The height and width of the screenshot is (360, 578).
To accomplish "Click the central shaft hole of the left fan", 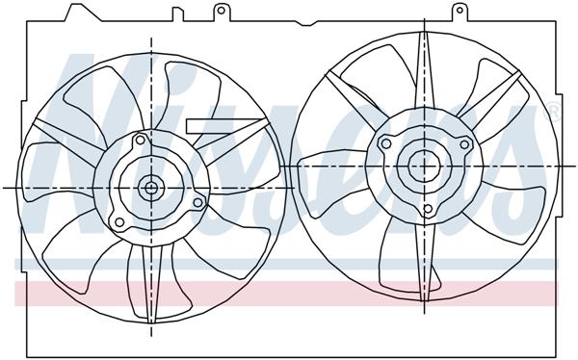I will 152,187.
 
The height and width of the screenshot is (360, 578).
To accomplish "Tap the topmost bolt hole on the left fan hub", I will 141,141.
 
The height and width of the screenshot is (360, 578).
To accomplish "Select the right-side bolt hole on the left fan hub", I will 197,202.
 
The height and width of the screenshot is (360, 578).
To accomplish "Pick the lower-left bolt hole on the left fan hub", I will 119,222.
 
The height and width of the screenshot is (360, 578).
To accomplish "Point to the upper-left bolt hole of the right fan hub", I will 386,144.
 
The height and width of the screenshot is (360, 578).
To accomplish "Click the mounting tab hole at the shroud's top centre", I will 221,13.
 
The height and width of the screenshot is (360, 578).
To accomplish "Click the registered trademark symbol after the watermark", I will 552,114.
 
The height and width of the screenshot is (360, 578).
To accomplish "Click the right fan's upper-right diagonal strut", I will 491,106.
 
